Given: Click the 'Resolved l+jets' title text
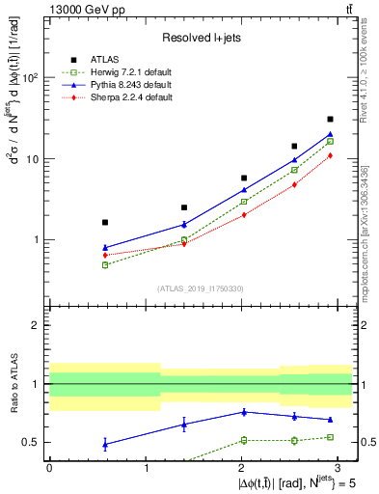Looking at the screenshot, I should coord(201,38).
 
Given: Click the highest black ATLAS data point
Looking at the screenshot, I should coord(331,120).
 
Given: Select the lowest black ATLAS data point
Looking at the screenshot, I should coord(105,222).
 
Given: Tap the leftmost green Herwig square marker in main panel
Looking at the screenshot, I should coord(105,264).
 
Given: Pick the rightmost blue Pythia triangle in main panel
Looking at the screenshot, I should coord(331,134).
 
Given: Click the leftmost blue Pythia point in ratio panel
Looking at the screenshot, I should coord(105,444).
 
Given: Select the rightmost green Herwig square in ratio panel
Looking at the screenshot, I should coord(331,437).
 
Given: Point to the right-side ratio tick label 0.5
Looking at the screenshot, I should coord(367,442).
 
